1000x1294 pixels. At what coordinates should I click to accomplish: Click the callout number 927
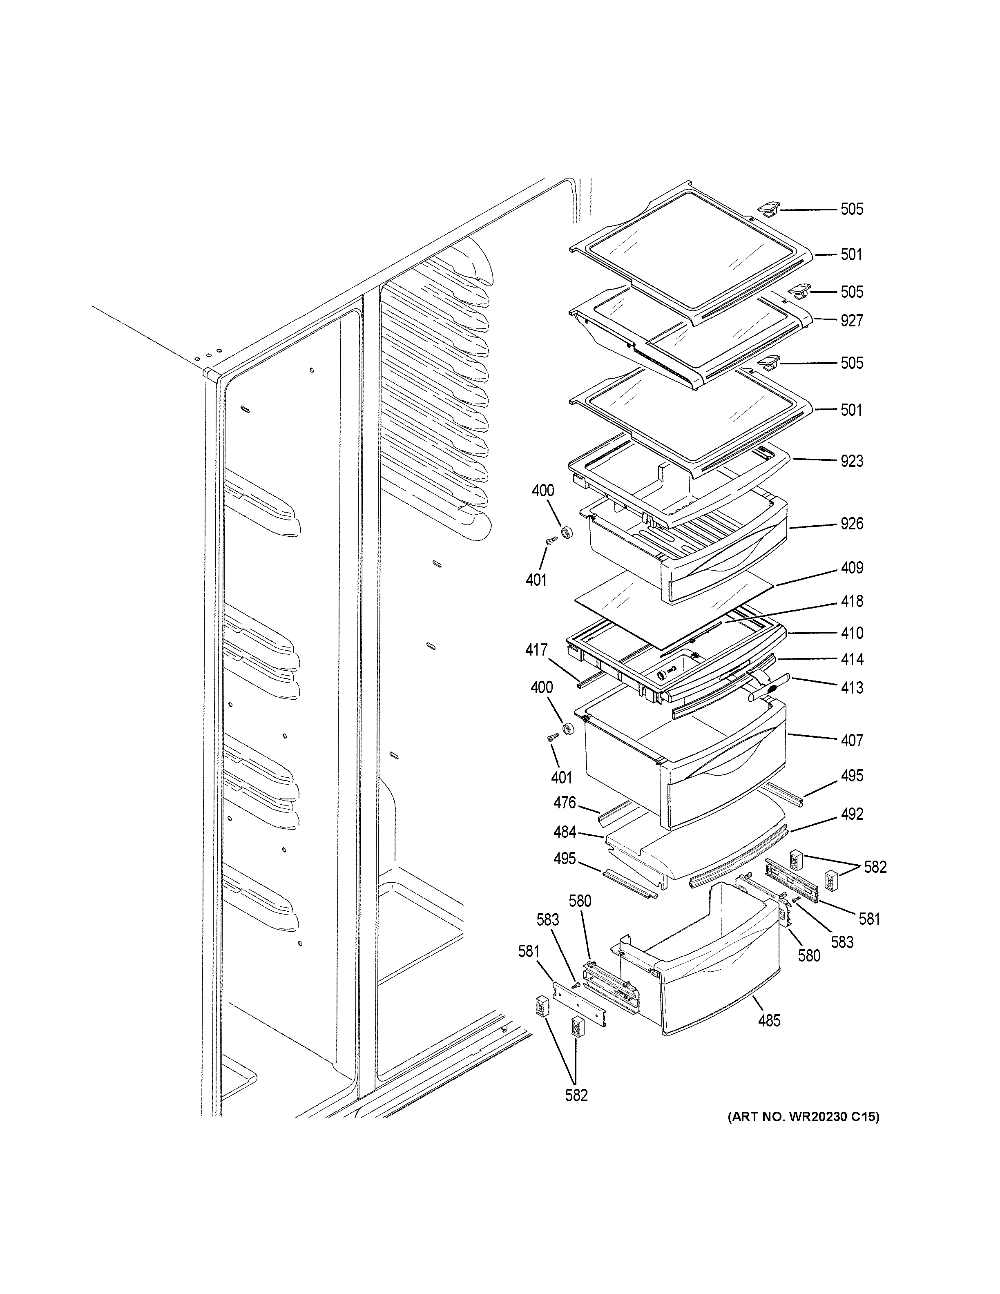pyautogui.click(x=851, y=321)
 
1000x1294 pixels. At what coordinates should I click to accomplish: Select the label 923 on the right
pyautogui.click(x=851, y=461)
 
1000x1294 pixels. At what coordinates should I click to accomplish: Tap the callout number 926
pyautogui.click(x=851, y=523)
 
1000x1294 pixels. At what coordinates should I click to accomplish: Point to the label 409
pyautogui.click(x=851, y=568)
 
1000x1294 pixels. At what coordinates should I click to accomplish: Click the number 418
pyautogui.click(x=851, y=601)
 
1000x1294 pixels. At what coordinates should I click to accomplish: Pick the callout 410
pyautogui.click(x=851, y=633)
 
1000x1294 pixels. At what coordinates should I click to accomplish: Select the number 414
pyautogui.click(x=851, y=659)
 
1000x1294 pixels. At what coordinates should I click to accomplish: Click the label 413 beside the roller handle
pyautogui.click(x=851, y=687)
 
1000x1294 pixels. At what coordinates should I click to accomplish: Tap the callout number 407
pyautogui.click(x=851, y=740)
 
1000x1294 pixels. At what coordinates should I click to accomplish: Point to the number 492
pyautogui.click(x=851, y=814)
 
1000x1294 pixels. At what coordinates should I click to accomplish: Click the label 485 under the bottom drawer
pyautogui.click(x=769, y=1020)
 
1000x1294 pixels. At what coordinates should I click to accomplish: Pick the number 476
pyautogui.click(x=565, y=803)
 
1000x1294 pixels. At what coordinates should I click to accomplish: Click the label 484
pyautogui.click(x=565, y=832)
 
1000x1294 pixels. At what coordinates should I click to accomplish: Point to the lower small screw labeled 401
pyautogui.click(x=553, y=738)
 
